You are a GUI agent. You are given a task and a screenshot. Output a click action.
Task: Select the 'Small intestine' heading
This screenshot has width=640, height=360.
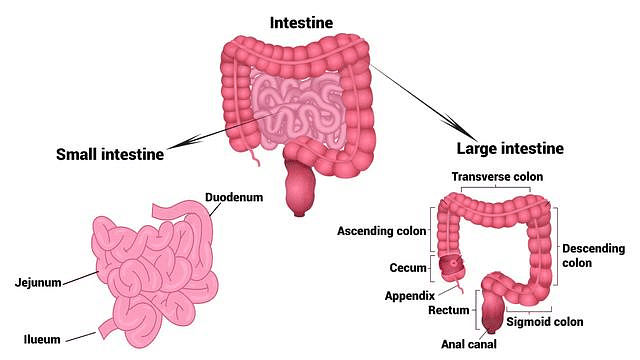pos(111,154)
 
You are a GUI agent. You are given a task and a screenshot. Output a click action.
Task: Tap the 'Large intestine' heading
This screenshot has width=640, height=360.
pos(510,149)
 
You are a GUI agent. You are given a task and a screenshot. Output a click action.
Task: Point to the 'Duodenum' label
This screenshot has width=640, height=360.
pos(234,197)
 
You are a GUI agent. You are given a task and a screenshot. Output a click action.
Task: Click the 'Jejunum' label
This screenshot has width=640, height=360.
pos(37,283)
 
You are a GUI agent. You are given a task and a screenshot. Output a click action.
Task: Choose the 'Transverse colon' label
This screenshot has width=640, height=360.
pos(496,177)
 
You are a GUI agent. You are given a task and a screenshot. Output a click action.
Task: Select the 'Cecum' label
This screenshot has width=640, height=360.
pos(409,268)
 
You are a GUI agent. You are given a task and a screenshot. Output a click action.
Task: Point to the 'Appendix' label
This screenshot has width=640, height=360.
pos(408,296)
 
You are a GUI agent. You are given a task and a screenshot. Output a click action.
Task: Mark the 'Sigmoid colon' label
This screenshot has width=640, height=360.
pos(544,322)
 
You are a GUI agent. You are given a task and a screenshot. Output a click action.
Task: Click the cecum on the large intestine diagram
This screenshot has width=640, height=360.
pos(451,267)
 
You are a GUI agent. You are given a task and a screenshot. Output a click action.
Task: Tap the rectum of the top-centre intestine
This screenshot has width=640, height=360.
pos(300,190)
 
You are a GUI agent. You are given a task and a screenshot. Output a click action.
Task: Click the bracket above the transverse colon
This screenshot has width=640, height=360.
pos(496,191)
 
